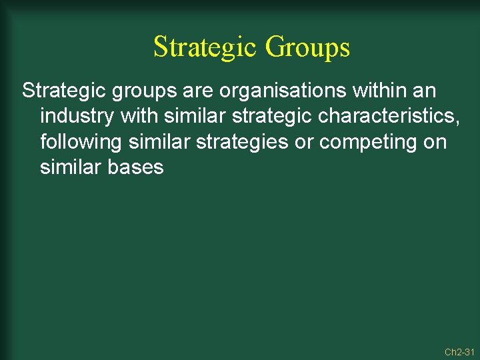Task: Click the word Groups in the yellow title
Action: pyautogui.click(x=307, y=47)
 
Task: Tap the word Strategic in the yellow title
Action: pyautogui.click(x=205, y=47)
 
